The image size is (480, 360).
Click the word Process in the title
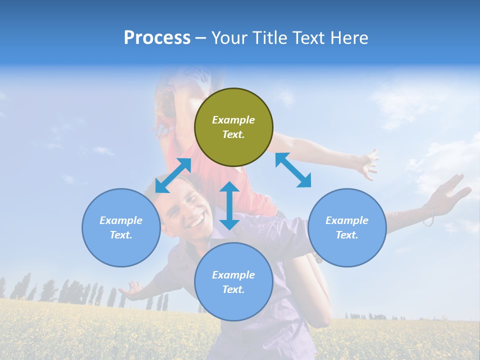pos(157,38)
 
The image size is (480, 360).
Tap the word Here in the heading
pos(348,38)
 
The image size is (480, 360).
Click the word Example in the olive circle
pos(233,120)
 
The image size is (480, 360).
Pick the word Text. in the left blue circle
pos(121,235)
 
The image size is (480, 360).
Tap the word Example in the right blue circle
pos(347,220)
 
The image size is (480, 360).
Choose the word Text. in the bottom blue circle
pos(233,289)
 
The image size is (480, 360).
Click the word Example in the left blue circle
pos(121,220)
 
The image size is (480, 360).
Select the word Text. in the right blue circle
pos(347,235)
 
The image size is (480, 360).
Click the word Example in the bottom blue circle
pos(233,275)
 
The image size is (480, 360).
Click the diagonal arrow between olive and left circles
pos(173,175)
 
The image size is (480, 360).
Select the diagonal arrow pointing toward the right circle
pos(293,170)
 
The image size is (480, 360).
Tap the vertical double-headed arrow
pos(229,205)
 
